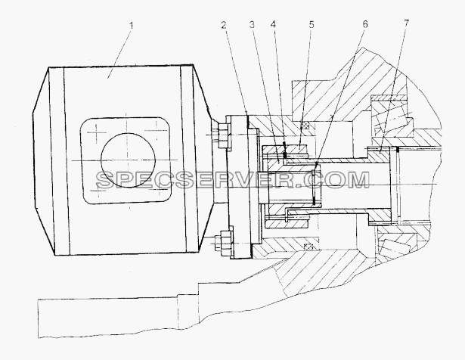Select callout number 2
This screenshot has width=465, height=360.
(224, 25)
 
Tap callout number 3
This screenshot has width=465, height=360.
(252, 25)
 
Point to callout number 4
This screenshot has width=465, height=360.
(273, 25)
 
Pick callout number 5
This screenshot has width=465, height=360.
(311, 25)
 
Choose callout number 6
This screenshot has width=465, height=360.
(365, 24)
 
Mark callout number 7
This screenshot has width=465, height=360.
(406, 23)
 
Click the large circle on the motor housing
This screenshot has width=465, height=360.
(129, 160)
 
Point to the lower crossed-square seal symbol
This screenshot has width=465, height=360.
(308, 247)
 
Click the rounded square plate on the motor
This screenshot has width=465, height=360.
(126, 160)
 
